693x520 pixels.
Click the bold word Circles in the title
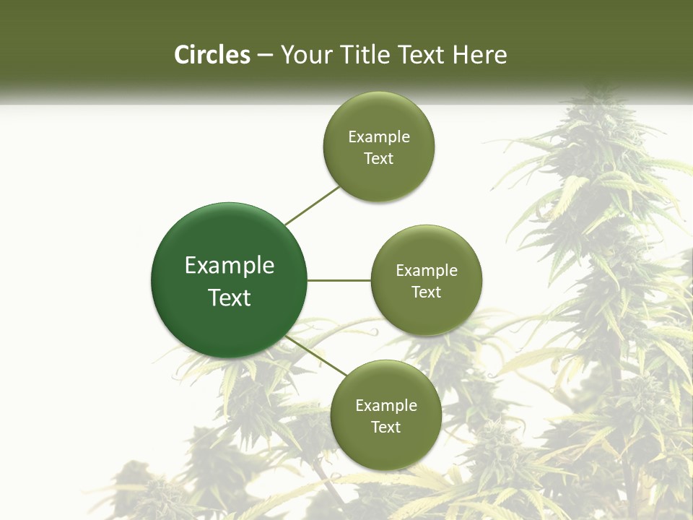(x=212, y=55)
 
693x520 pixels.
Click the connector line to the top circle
(x=313, y=205)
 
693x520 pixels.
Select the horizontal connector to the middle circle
(x=339, y=280)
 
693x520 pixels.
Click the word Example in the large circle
(x=230, y=266)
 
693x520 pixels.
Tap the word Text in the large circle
(x=230, y=298)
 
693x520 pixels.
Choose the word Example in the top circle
(x=379, y=137)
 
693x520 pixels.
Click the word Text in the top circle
(x=379, y=159)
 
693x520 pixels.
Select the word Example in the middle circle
(x=427, y=271)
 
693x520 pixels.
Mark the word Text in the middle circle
(x=427, y=292)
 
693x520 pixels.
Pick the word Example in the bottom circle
(x=386, y=406)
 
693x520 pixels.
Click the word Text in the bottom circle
(x=386, y=428)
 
